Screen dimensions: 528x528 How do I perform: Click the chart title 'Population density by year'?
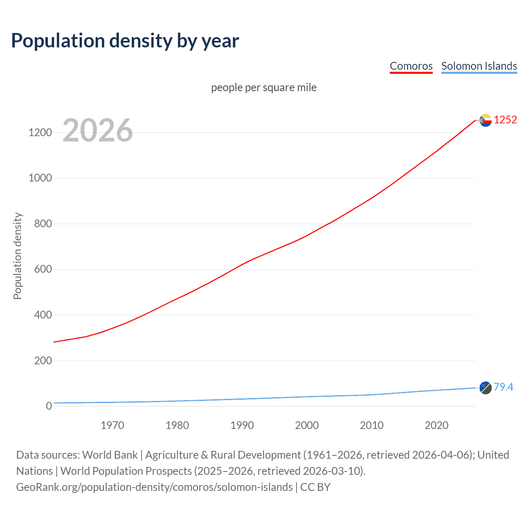(x=125, y=41)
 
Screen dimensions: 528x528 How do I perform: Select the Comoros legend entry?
(x=411, y=66)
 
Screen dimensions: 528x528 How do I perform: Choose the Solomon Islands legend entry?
(x=479, y=66)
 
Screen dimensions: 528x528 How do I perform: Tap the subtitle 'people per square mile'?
(x=264, y=88)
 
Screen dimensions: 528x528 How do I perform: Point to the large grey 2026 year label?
(x=98, y=130)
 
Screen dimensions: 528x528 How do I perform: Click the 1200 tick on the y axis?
(x=40, y=132)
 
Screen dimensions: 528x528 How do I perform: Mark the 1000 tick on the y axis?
(x=40, y=178)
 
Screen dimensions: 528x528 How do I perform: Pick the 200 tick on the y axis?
(x=43, y=361)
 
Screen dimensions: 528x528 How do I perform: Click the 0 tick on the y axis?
(x=49, y=406)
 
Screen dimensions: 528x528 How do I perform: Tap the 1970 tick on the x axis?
(x=112, y=425)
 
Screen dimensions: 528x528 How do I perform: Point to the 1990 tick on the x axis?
(x=242, y=425)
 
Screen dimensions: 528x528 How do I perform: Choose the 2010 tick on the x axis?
(x=372, y=425)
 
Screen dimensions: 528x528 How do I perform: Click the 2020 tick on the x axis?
(x=436, y=425)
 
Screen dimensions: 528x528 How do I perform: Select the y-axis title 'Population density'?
(x=17, y=256)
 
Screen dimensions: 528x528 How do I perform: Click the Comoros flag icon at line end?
(x=486, y=120)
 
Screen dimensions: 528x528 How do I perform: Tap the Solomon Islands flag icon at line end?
(x=486, y=388)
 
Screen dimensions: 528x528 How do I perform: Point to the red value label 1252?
(x=505, y=120)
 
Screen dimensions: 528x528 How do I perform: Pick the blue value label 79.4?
(x=503, y=387)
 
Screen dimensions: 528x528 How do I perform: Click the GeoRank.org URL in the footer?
(x=154, y=487)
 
